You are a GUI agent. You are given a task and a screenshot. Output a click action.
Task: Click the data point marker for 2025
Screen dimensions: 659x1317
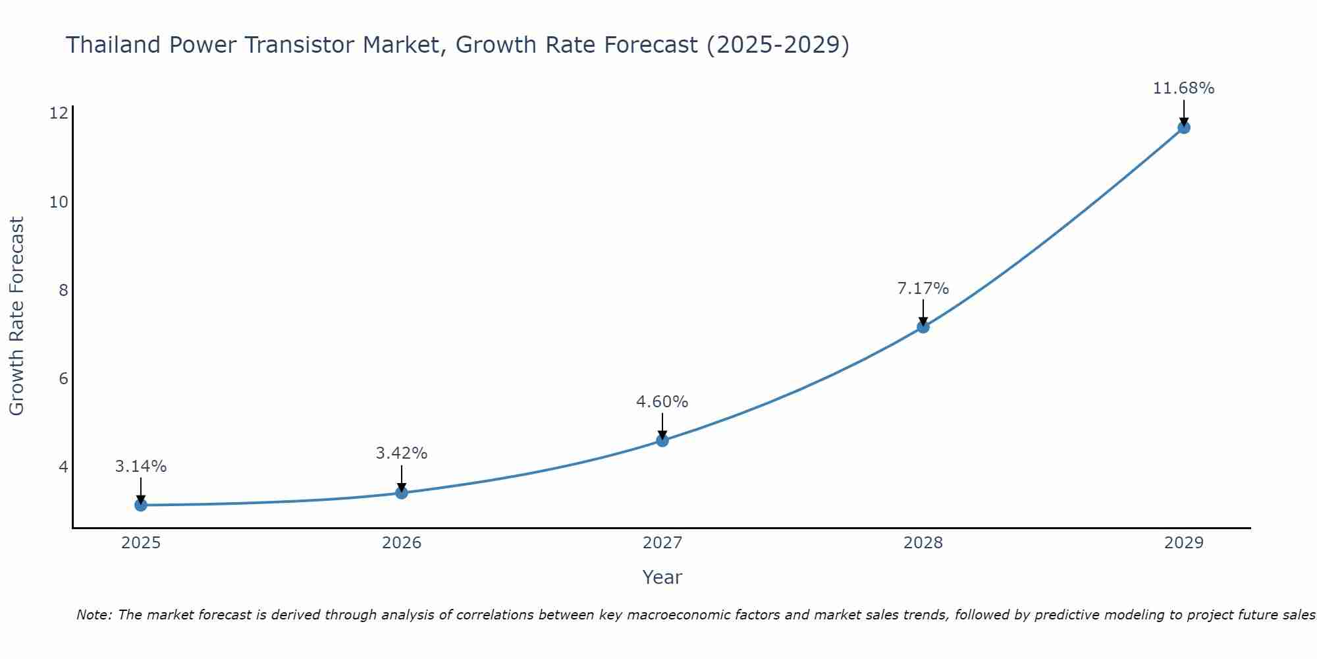141,505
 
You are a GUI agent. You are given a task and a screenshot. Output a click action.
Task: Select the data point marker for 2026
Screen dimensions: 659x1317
402,492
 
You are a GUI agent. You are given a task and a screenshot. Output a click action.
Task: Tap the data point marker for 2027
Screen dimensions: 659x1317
662,440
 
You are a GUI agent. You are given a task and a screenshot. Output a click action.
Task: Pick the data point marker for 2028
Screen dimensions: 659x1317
923,327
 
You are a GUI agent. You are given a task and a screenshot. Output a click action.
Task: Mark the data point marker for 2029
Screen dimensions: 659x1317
1183,128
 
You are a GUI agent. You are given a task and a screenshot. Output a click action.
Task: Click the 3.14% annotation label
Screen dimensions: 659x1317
141,467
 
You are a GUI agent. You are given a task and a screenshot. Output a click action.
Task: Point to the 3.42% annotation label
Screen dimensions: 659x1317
402,453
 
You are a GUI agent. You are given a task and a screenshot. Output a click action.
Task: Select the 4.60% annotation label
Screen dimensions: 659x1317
662,402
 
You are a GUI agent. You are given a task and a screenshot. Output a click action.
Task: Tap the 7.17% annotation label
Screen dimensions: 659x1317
923,289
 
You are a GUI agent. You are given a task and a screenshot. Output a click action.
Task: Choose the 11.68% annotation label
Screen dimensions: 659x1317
1183,88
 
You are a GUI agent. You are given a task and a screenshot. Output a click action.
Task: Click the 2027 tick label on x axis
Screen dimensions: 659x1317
662,543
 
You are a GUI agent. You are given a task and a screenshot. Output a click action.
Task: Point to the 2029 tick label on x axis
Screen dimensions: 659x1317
1183,543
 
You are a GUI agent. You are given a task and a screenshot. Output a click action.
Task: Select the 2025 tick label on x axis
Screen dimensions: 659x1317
141,543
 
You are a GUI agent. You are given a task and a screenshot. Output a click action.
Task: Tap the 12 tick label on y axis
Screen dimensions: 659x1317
59,113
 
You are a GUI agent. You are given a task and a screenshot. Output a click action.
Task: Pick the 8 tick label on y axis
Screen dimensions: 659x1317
63,290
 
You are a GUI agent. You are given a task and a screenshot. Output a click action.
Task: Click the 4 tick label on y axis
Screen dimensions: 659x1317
63,467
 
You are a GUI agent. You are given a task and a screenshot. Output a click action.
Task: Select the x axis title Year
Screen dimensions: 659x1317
662,577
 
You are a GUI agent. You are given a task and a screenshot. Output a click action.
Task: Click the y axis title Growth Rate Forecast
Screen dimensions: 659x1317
17,316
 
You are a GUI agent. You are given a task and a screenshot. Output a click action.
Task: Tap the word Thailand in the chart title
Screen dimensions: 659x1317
113,45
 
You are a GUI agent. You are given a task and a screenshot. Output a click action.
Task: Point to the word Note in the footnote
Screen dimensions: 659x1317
94,615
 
